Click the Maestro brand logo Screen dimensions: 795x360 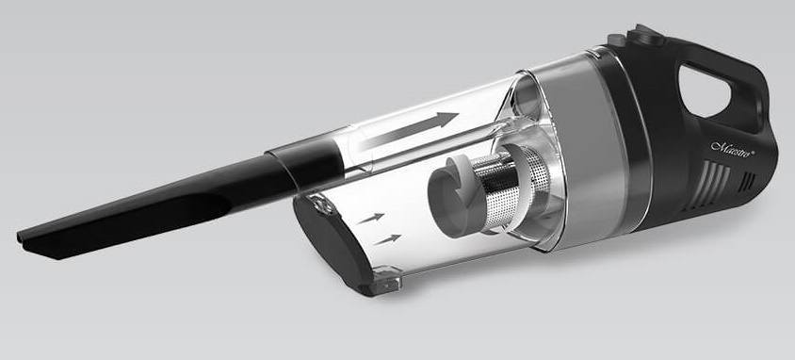[x=732, y=147]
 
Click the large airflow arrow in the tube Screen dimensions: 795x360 [x=408, y=131]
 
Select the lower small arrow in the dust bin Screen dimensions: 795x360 [x=387, y=239]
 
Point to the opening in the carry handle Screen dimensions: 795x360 [x=704, y=91]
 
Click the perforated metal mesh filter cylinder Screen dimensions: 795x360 [x=512, y=189]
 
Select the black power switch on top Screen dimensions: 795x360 [x=645, y=35]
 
